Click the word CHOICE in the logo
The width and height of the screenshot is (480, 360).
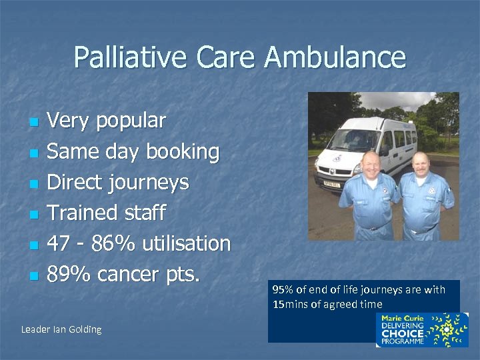(402, 333)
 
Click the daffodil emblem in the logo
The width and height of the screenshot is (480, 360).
(446, 329)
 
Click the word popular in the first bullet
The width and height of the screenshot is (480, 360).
(131, 121)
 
